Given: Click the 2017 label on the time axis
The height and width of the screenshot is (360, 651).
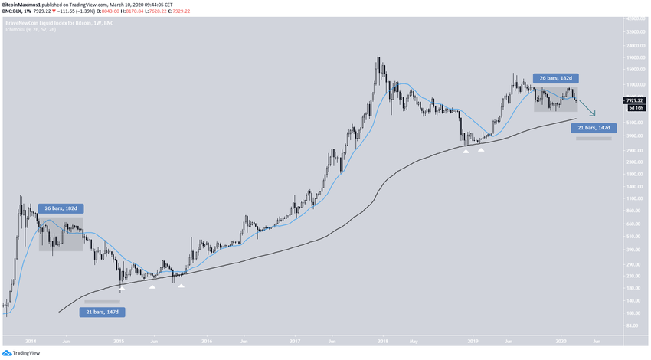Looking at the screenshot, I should (x=296, y=339).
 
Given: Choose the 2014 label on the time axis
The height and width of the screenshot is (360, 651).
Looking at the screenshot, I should (x=31, y=339).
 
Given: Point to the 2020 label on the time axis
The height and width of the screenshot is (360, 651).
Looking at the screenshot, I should (x=561, y=339).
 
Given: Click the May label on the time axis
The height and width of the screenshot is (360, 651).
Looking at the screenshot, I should (x=414, y=339).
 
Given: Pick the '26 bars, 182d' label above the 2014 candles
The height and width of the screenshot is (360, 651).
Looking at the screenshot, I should (x=60, y=208).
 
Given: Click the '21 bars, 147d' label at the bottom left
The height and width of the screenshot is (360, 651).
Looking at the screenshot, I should (x=102, y=312).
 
